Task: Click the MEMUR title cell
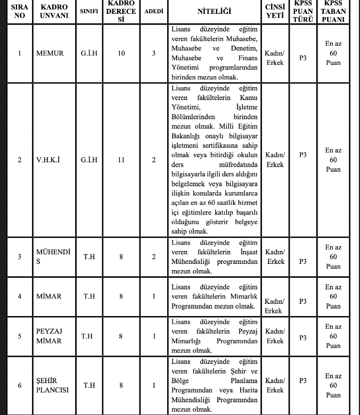point(50,53)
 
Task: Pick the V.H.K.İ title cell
point(48,160)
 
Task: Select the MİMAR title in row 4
point(48,296)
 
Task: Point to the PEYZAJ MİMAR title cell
point(49,336)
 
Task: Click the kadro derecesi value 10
point(121,53)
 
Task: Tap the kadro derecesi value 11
point(121,160)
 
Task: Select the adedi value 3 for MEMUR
point(154,53)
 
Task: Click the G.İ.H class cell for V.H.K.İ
point(89,160)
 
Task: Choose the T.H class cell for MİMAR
point(89,296)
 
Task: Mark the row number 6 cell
point(20,385)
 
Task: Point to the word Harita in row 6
point(247,390)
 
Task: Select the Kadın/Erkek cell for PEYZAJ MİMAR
point(275,336)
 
